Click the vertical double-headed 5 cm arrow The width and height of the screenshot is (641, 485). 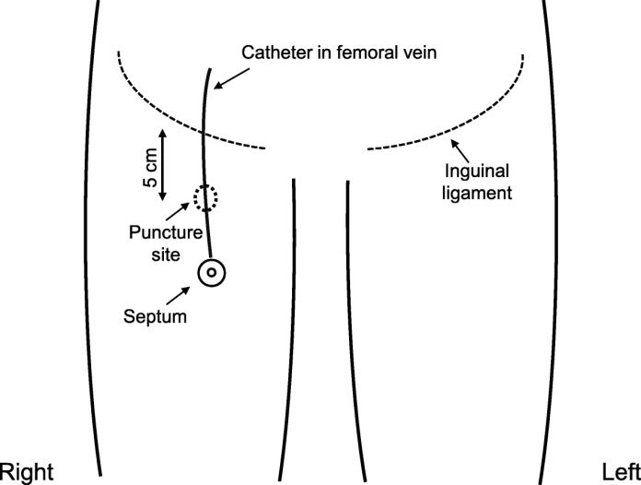click(163, 164)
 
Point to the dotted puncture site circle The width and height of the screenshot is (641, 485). click(205, 196)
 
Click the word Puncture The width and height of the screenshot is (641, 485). click(158, 231)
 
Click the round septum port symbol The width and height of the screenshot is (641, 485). click(212, 272)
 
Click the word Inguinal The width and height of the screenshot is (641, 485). click(477, 172)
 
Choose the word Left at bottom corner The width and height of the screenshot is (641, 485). click(617, 470)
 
